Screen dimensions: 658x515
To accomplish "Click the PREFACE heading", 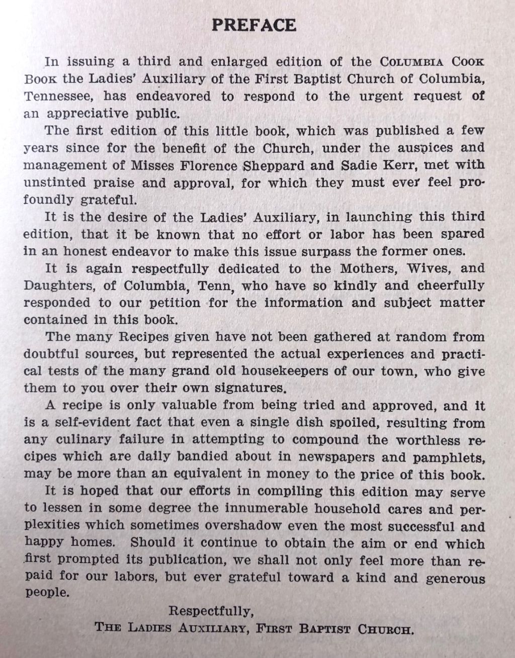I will (x=254, y=25).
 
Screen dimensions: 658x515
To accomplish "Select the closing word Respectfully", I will (x=210, y=612).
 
